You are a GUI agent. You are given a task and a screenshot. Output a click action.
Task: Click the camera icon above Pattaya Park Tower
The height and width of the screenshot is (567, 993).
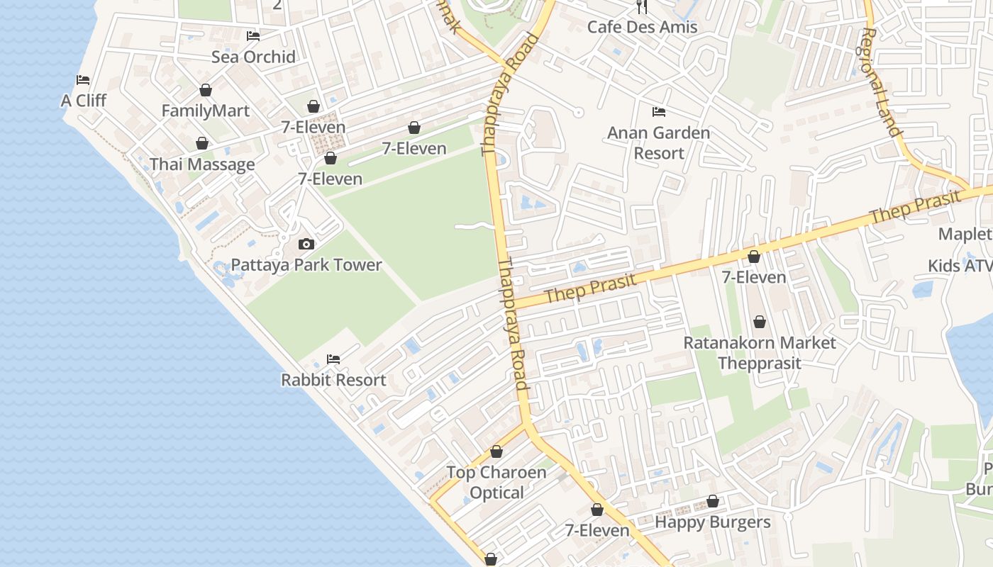[x=306, y=245]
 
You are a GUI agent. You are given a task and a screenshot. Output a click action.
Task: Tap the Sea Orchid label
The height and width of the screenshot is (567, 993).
[x=253, y=57]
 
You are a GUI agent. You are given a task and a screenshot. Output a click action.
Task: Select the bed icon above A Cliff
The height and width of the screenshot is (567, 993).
[x=83, y=80]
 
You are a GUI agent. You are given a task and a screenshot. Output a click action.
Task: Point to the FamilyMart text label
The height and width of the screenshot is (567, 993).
[x=206, y=111]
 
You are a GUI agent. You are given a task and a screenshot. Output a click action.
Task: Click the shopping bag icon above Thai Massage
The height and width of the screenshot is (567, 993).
[x=202, y=144]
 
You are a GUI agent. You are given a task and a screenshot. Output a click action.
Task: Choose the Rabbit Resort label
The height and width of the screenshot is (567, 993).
[x=333, y=380]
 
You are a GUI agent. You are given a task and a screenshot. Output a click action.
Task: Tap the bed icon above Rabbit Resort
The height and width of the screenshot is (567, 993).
[x=333, y=359]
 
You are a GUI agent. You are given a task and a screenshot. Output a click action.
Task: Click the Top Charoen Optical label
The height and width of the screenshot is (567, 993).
[x=496, y=483]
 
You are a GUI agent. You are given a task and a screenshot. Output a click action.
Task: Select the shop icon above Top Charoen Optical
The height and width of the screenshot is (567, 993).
[x=496, y=452]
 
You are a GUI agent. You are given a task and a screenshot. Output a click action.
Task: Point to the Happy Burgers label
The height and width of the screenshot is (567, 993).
[x=712, y=522]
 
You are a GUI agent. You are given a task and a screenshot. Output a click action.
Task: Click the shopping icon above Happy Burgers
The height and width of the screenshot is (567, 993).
[x=713, y=502]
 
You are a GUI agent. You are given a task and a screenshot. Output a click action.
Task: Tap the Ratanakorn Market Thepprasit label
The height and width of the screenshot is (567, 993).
[x=760, y=353]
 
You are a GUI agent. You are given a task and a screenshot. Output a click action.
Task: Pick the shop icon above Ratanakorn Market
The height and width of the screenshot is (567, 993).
[x=760, y=322]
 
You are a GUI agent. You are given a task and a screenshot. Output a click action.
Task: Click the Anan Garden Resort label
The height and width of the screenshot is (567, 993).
[x=659, y=142]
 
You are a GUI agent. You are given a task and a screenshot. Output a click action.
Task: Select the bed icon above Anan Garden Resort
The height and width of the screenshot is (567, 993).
[x=659, y=112]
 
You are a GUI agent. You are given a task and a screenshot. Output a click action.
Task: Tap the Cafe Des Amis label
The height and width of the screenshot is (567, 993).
[x=643, y=27]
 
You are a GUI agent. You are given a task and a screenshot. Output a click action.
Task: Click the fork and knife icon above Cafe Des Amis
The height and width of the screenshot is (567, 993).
[x=643, y=7]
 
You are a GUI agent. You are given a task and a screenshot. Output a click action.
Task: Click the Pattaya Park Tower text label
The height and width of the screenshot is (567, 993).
[x=306, y=265]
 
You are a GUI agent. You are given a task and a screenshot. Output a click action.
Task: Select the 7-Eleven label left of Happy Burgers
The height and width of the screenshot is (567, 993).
[x=597, y=530]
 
